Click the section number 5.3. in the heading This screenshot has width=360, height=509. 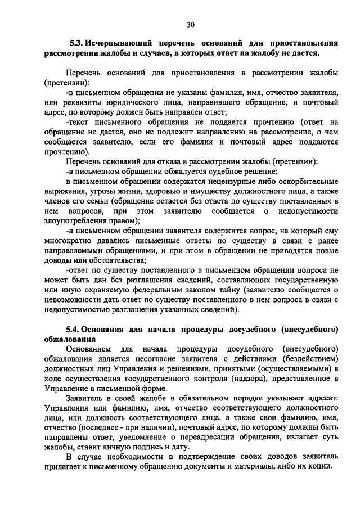[x=76, y=43]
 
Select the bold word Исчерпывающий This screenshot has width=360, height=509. [x=116, y=43]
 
